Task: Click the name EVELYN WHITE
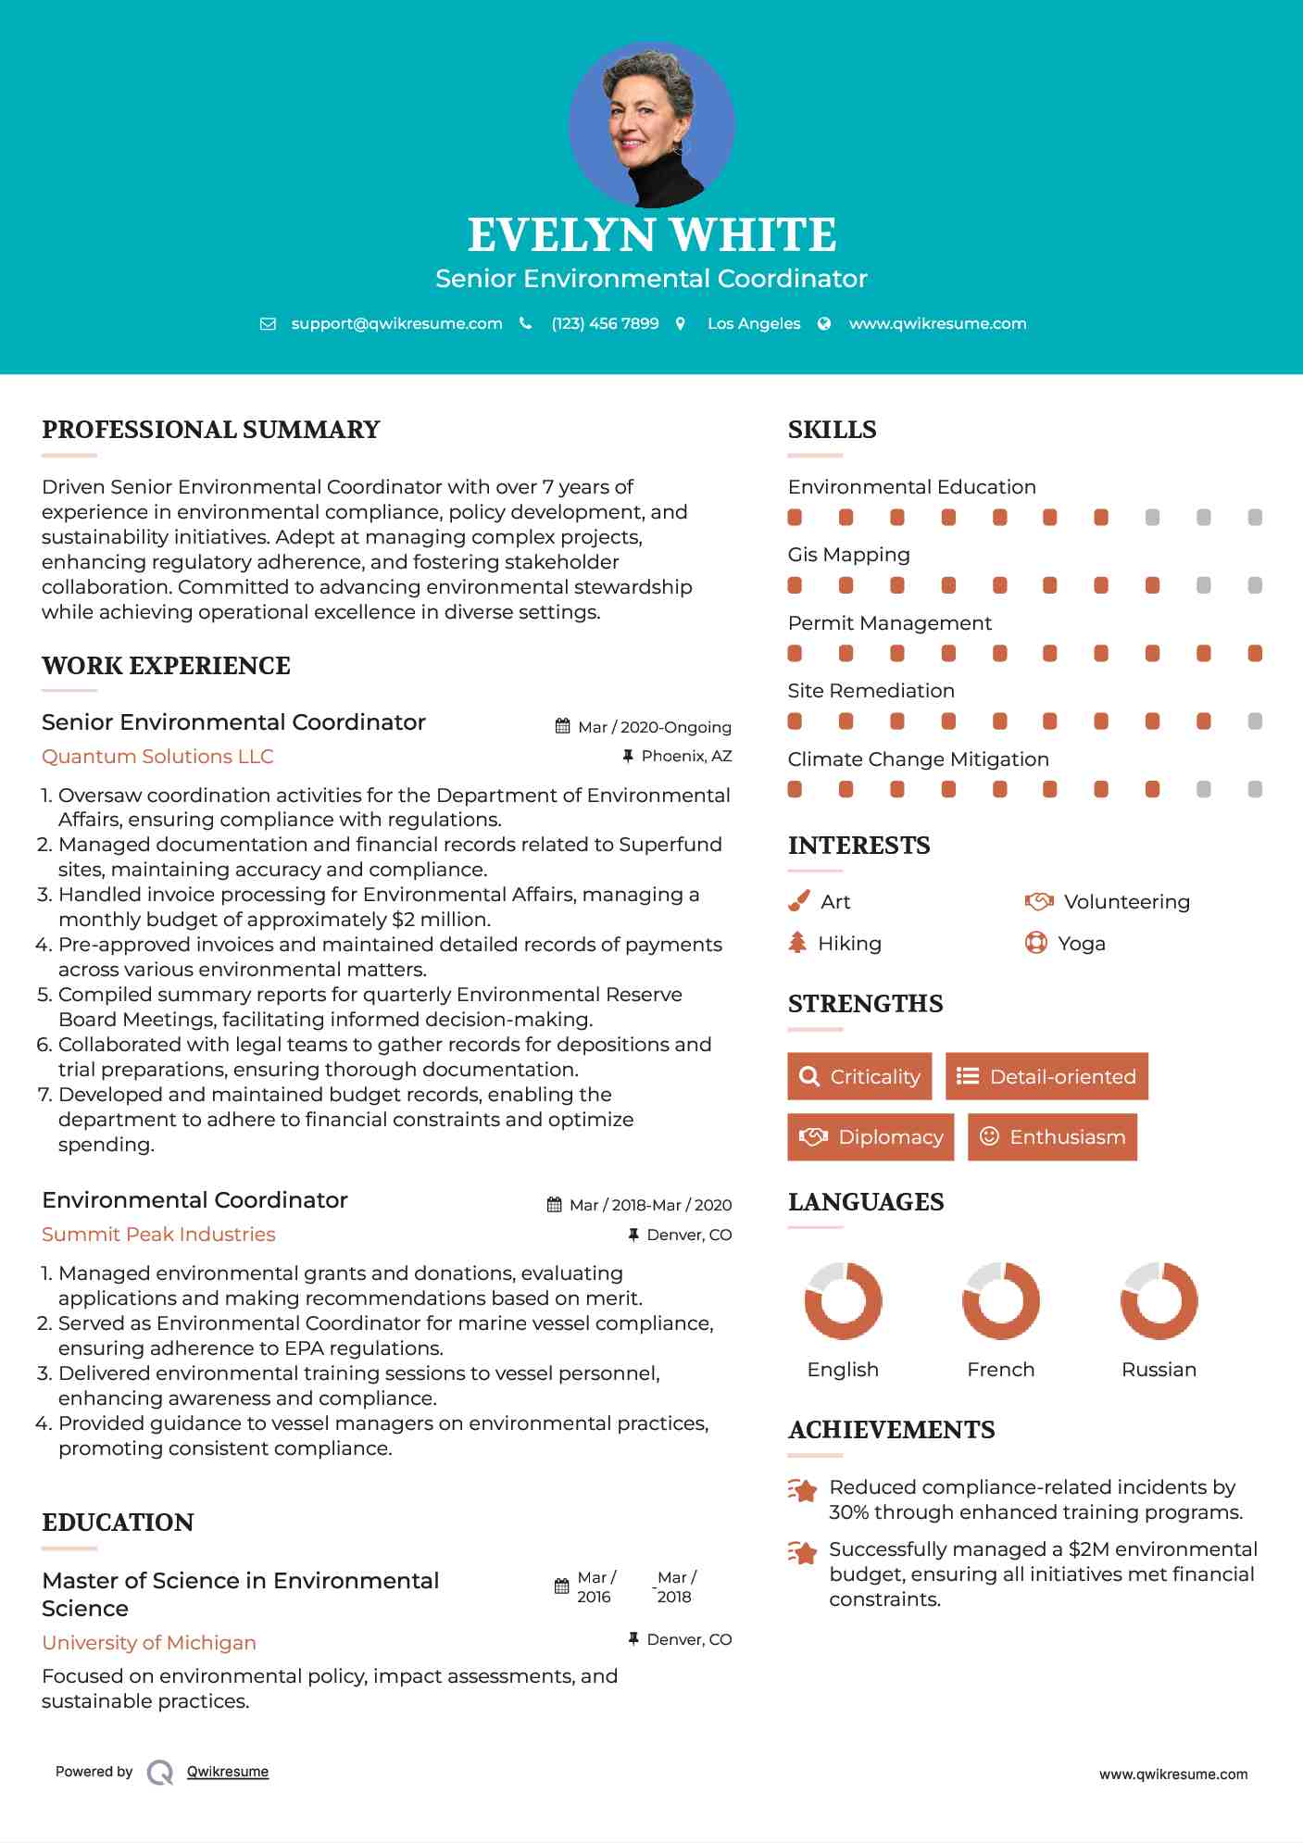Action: tap(651, 235)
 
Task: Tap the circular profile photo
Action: tap(651, 124)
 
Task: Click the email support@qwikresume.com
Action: tap(396, 323)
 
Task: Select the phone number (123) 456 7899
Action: tap(605, 323)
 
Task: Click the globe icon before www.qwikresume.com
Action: tap(824, 323)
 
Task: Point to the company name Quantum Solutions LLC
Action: tap(157, 757)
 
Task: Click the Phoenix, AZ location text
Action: tap(686, 757)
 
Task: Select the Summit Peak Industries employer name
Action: tap(158, 1235)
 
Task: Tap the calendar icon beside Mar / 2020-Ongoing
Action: tap(562, 726)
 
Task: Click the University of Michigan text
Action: tap(149, 1643)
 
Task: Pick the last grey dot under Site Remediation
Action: tap(1255, 721)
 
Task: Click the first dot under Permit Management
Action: tap(795, 654)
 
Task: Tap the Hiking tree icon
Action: tap(797, 943)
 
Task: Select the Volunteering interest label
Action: tap(1126, 902)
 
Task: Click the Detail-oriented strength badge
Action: tap(1046, 1076)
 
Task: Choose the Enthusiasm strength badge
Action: tap(1052, 1137)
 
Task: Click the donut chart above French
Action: tap(1000, 1300)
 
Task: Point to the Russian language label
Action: tap(1159, 1370)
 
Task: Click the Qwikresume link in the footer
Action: tap(228, 1772)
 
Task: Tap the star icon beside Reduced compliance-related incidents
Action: tap(802, 1490)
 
